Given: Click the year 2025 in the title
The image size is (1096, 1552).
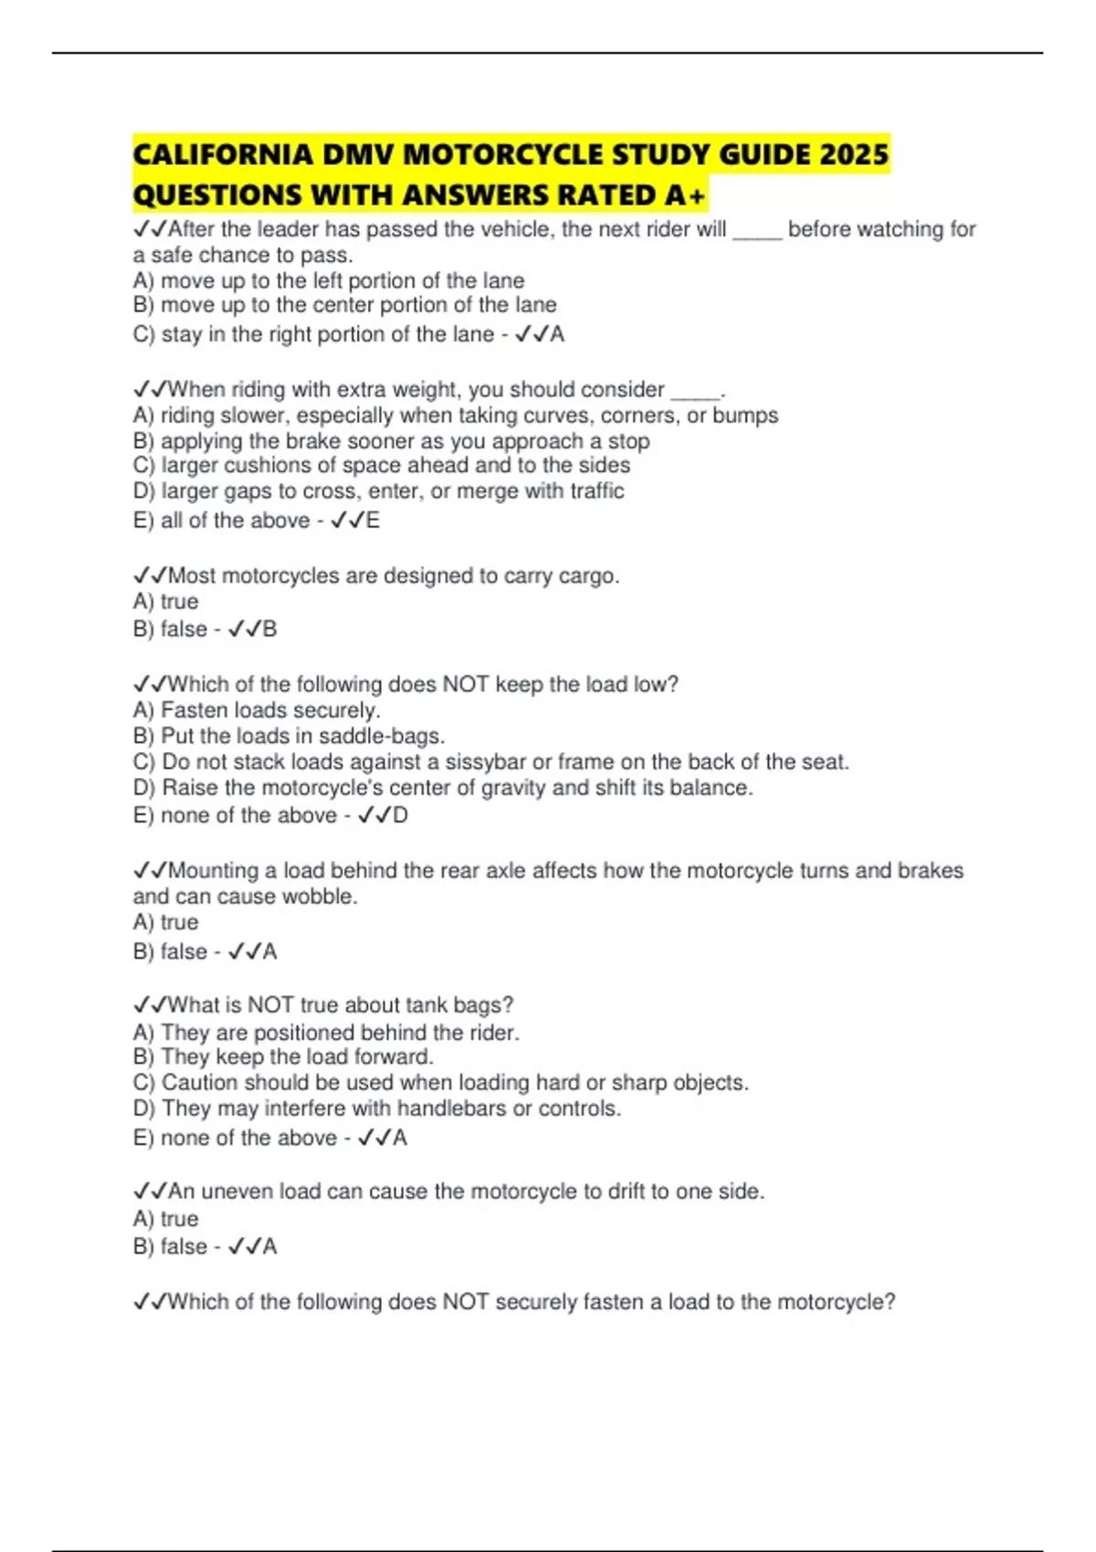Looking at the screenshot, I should [x=854, y=154].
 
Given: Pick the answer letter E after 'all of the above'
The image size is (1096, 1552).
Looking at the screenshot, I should [x=373, y=520].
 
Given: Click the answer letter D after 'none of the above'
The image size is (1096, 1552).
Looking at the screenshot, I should [x=400, y=815].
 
